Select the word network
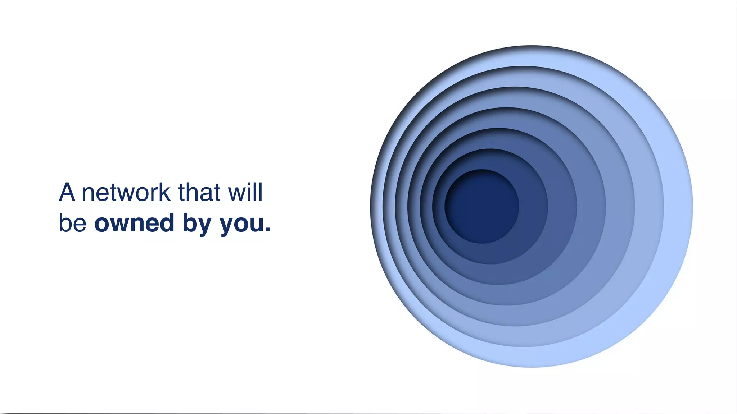[x=126, y=193]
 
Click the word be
[x=72, y=223]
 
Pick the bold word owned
[x=134, y=223]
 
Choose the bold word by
[x=197, y=224]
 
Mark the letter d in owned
[x=167, y=223]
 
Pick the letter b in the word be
[x=65, y=223]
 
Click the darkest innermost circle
[x=481, y=206]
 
